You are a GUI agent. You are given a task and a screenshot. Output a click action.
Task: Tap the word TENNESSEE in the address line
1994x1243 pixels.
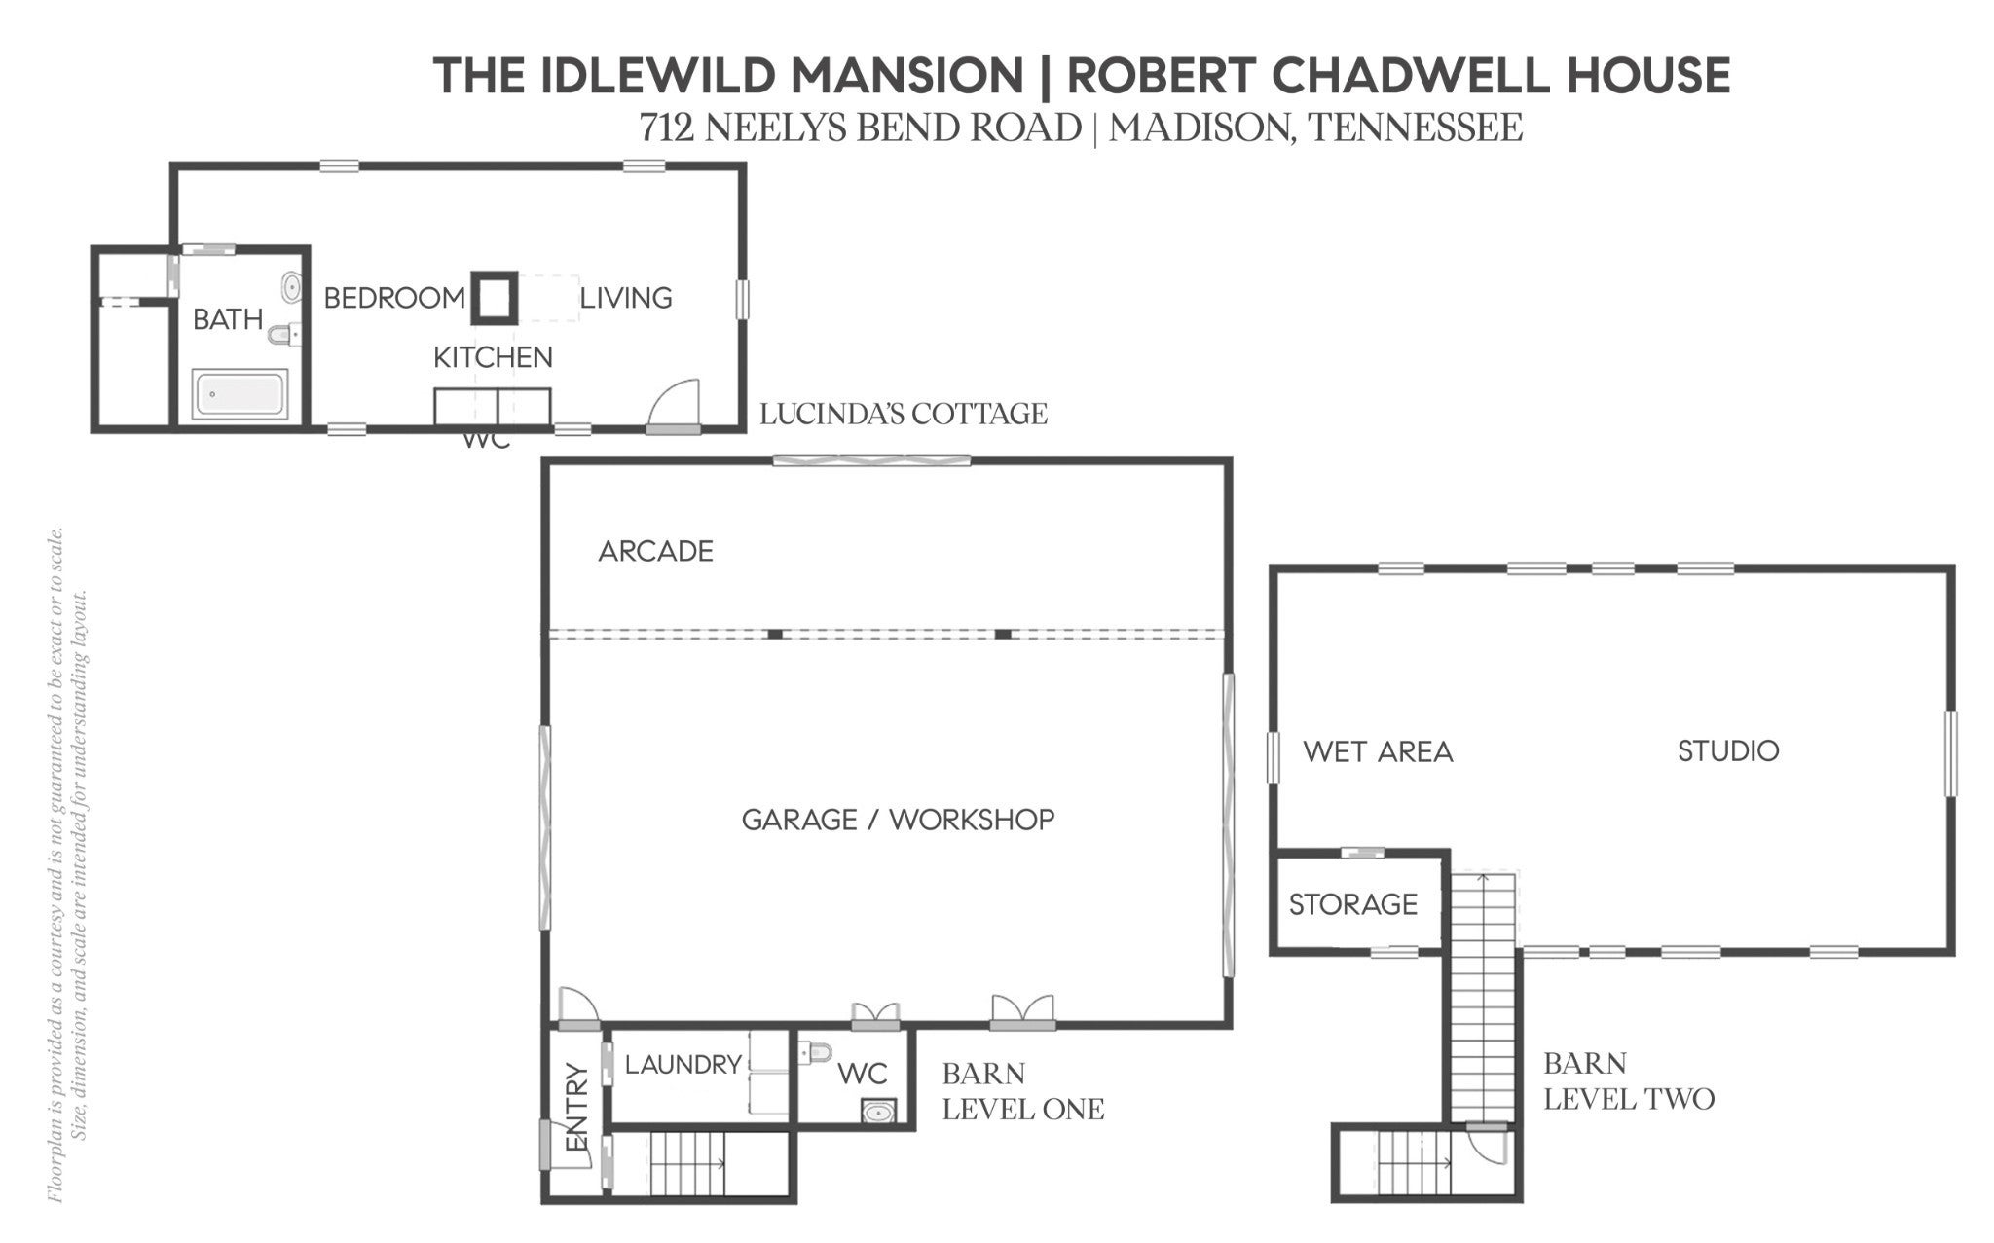point(1416,128)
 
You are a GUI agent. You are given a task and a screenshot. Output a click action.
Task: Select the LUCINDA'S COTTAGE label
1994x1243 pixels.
point(904,414)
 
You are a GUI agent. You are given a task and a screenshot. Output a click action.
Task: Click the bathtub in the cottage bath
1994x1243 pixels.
point(240,394)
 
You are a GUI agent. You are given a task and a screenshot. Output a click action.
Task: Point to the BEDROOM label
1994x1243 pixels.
point(394,298)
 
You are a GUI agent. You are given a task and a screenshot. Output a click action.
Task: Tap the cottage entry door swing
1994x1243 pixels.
point(675,403)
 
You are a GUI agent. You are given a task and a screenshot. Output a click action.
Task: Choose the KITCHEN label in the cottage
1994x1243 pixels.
point(493,357)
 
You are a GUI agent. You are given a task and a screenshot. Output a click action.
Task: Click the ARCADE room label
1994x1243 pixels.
point(655,552)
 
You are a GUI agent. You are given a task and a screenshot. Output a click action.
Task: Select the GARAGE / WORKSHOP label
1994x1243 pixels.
point(898,820)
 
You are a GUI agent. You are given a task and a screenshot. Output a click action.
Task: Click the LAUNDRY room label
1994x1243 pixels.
point(683,1065)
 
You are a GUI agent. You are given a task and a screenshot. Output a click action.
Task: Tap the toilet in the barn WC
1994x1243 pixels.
point(816,1052)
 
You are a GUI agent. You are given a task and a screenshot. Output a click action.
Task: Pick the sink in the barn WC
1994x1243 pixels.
point(879,1111)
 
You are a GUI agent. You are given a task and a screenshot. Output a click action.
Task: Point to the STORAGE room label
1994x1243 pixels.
point(1352,904)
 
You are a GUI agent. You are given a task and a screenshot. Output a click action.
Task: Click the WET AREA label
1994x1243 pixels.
point(1378,751)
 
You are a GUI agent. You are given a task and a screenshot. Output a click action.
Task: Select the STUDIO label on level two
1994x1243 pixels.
point(1728,750)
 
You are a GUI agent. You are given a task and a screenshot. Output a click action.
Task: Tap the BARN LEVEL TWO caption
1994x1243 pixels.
point(1629,1080)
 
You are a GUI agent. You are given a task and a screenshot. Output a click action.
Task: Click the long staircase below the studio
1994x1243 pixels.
point(1484,997)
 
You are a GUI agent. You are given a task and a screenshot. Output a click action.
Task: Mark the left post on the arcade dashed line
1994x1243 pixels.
point(775,634)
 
